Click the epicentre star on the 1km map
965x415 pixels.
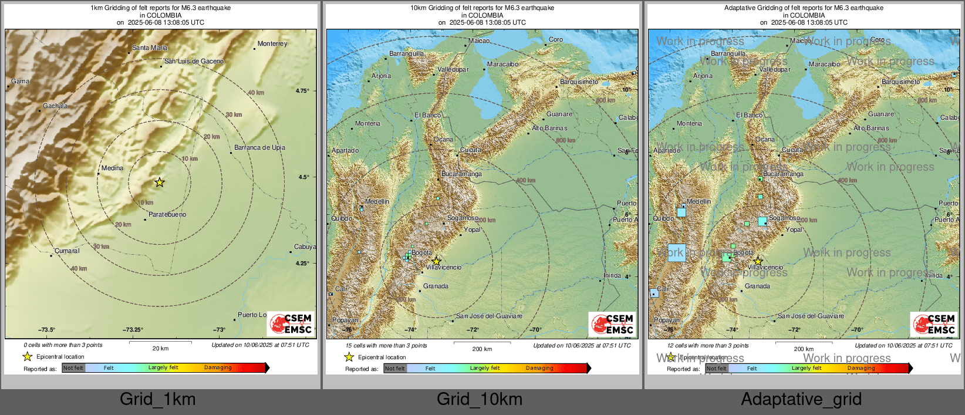point(159,183)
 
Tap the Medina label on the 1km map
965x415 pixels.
point(112,168)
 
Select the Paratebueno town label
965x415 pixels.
point(167,214)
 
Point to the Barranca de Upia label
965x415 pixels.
point(259,147)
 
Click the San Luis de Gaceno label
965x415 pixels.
point(194,61)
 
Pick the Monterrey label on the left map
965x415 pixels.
point(272,43)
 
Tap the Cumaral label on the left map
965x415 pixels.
point(67,251)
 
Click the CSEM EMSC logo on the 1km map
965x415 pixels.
point(291,323)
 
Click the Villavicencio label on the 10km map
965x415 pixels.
point(443,267)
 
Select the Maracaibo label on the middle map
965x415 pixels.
point(502,64)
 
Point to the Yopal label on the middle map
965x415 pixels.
point(472,230)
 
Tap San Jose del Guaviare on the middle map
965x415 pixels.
point(489,316)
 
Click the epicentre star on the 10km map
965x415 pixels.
point(436,261)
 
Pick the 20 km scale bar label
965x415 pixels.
point(160,348)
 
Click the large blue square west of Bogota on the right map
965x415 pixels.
point(677,252)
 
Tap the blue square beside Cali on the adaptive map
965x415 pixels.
point(654,293)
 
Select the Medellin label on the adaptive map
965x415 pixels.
point(699,201)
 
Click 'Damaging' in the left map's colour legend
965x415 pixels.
point(218,367)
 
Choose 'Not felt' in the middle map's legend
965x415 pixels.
point(395,369)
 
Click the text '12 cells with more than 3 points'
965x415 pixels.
point(708,346)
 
